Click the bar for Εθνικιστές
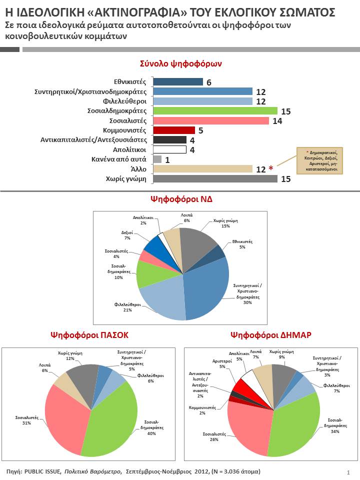coord(177,82)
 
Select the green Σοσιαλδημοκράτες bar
coord(215,111)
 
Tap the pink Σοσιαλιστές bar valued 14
coord(210,120)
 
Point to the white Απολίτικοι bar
coord(169,149)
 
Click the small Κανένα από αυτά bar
coord(157,159)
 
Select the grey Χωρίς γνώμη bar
coord(215,178)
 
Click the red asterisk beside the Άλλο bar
coord(270,169)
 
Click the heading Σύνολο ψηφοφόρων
coord(181,64)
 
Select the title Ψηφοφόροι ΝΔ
coord(181,198)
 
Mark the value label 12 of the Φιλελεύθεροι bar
coord(260,101)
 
